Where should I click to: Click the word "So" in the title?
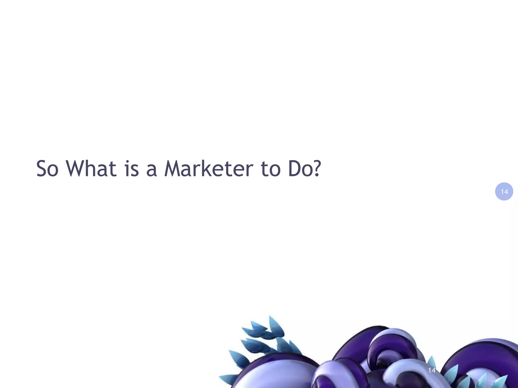47,168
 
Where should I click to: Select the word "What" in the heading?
91,168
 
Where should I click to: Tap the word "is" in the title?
132,169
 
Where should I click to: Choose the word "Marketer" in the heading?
209,168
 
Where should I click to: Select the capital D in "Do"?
294,168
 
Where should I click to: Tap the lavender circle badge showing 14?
504,191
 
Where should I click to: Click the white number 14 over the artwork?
432,370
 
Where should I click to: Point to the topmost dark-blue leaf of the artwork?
274,325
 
